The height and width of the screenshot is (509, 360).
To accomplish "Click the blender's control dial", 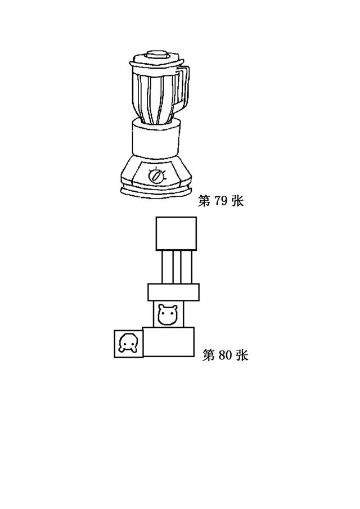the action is tap(155, 175).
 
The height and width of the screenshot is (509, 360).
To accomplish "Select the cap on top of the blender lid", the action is tap(157, 54).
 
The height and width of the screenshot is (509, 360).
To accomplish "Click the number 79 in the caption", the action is tap(220, 201).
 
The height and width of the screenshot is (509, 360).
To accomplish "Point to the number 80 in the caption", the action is tap(224, 355).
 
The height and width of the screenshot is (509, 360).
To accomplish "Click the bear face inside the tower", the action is tap(168, 314).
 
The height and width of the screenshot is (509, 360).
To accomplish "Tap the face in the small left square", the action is tap(128, 344).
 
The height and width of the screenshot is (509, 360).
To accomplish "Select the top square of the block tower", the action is tap(176, 233).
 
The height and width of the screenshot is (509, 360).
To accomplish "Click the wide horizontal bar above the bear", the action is tap(174, 292).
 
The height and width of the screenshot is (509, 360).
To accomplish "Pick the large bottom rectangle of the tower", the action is tap(169, 342).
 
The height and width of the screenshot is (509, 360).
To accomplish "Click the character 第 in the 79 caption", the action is tap(204, 201).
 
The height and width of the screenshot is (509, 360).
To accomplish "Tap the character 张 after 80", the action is tap(242, 355).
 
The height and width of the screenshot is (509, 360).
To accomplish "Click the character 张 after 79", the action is tap(237, 201).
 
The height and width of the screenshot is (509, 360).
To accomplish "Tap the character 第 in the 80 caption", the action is tap(209, 355).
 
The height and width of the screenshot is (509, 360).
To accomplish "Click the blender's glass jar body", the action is tap(155, 96).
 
